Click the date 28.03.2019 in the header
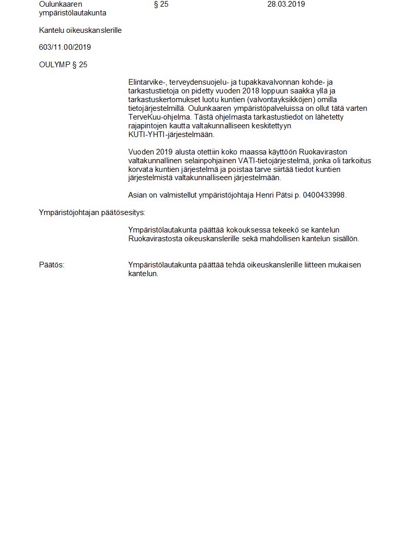286,4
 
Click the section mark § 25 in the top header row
161,4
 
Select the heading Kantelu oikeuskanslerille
80,30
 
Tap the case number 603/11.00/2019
65,47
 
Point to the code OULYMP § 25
63,65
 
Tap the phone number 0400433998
325,195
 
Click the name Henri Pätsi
273,195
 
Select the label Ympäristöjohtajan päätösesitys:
92,212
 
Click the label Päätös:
51,265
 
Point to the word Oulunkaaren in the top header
61,4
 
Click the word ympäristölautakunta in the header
72,13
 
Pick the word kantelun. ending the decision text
143,274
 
